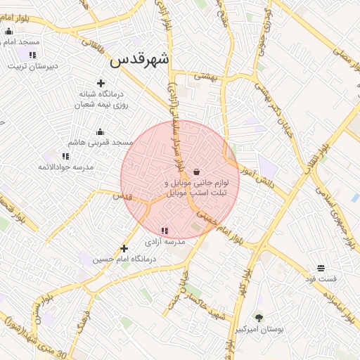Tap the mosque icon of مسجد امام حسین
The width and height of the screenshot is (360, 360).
[8, 31]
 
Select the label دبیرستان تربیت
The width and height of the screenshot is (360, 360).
[32, 67]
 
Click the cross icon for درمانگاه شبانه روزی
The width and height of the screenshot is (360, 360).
[101, 83]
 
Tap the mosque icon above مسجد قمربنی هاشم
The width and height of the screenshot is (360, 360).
[100, 131]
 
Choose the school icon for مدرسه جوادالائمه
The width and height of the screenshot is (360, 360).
[65, 156]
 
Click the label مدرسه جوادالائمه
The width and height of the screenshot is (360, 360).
[66, 167]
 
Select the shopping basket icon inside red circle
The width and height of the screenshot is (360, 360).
[195, 172]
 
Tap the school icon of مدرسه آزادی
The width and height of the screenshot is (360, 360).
[165, 231]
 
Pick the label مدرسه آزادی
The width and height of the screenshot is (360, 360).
[165, 241]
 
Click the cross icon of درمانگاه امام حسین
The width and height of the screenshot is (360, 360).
[124, 248]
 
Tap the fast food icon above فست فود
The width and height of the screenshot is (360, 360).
[321, 268]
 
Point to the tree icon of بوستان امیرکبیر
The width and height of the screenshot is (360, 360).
[259, 318]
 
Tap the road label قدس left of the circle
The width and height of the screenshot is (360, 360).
[123, 196]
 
